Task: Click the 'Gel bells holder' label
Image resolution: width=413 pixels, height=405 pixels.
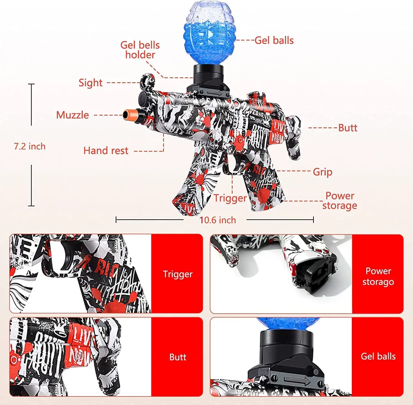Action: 140,50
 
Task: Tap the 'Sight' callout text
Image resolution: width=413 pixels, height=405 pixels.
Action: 90,83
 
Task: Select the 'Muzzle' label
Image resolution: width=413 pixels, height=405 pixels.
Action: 72,115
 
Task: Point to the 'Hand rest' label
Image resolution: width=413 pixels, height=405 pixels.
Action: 106,151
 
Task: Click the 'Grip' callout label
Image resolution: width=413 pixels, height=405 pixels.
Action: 322,172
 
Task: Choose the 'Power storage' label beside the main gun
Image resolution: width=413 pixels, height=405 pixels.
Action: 340,201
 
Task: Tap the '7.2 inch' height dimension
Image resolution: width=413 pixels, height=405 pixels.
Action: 30,146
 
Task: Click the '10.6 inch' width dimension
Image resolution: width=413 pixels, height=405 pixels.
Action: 218,220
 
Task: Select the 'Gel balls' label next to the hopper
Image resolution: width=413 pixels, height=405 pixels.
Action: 274,40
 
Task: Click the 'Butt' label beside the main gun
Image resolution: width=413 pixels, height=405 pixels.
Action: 347,128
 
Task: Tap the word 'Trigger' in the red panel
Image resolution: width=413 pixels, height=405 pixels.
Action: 178,274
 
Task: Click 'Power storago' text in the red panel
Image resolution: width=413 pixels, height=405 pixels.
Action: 378,277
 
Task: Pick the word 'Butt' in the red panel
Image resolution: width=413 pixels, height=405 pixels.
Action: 178,357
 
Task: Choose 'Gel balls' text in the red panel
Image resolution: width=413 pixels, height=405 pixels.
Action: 378,356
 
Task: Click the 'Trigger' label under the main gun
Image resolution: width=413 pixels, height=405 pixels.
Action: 230,198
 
